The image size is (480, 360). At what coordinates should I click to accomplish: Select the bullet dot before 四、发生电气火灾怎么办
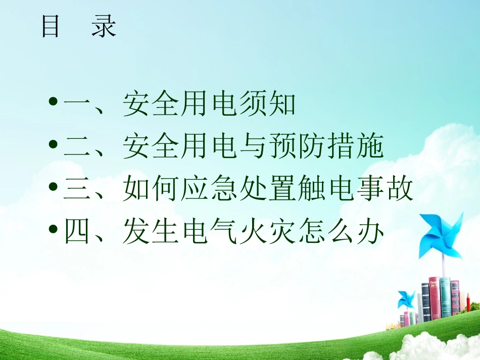[54, 234]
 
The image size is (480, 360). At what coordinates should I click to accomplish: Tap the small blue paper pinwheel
[406, 299]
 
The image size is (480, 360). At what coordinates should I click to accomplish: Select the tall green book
[445, 297]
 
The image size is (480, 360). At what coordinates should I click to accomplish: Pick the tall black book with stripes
[425, 302]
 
